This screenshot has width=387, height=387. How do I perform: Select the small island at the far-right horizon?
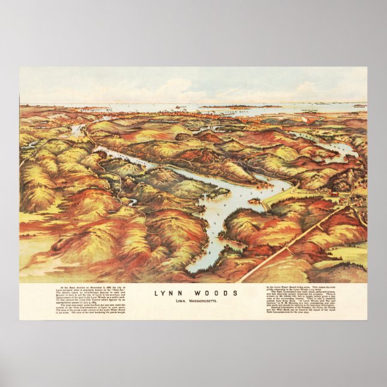coord(359,106)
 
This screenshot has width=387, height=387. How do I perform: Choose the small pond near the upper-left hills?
coord(76,130)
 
